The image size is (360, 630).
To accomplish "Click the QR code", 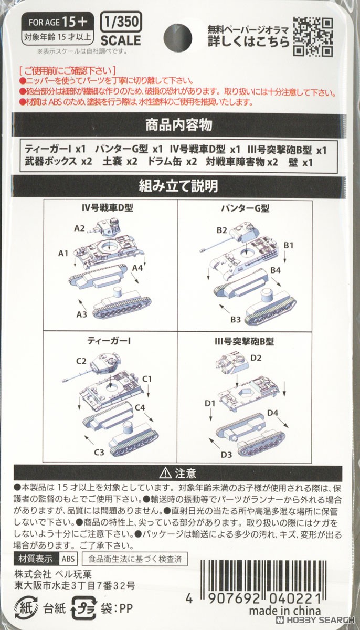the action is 313,37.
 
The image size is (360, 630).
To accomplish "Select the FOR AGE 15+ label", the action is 58,22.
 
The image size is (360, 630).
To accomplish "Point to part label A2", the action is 79,228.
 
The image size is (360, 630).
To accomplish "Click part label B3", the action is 236,320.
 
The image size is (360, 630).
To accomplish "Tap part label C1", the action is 147,379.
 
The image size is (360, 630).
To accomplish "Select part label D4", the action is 272,413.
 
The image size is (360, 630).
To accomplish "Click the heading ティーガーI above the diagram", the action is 109,341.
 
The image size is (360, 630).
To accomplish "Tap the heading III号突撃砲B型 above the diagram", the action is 244,341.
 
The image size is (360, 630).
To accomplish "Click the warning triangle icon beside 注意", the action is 165,474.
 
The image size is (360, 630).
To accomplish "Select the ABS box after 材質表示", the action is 68,559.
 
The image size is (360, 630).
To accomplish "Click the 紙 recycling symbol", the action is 26,608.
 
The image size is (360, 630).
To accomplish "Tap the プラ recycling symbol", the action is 84,608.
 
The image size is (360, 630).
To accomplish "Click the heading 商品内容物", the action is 179,125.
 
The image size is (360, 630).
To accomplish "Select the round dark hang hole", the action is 177,38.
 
